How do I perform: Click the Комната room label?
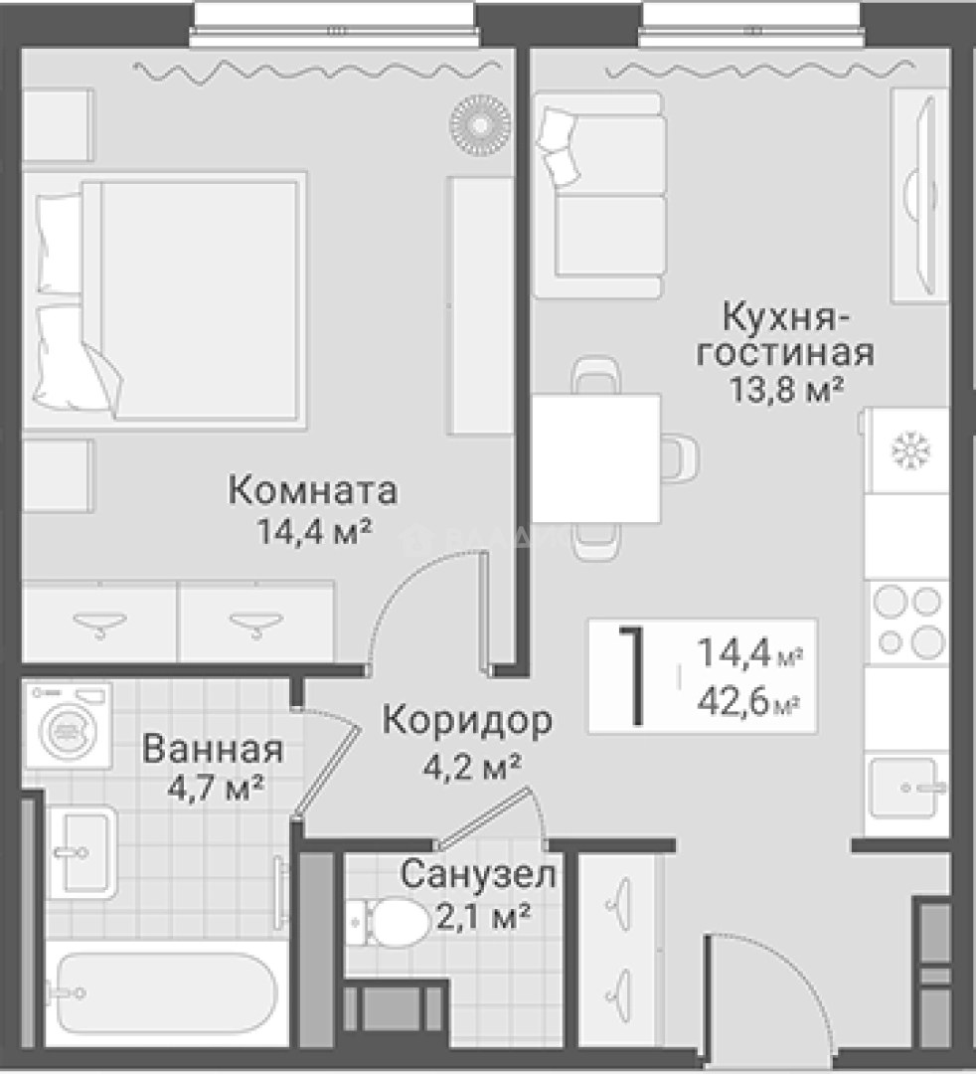(x=312, y=490)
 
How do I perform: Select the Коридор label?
(x=466, y=721)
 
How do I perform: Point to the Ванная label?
(x=213, y=749)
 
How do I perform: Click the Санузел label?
(x=478, y=875)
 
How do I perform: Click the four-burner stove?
(x=905, y=622)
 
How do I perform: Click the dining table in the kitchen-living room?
(x=595, y=458)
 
